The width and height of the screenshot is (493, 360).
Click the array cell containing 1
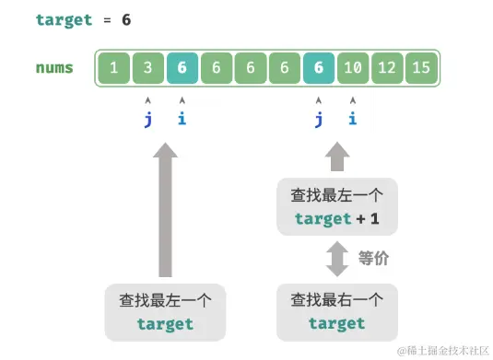point(113,68)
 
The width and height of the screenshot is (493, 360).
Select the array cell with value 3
point(147,68)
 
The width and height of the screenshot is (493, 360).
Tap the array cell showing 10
point(353,68)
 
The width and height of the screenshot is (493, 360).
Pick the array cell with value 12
point(387,68)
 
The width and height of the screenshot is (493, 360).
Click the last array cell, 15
point(421,68)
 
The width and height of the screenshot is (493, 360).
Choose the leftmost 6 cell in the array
point(182,68)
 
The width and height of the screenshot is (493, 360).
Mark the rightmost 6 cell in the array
point(319,68)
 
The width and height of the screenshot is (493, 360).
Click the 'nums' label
point(54,68)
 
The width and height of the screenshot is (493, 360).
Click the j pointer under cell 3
point(147,118)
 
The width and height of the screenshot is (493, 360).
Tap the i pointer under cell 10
point(353,118)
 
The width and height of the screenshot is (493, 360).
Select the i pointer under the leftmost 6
point(182,118)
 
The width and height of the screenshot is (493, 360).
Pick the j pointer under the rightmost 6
point(319,118)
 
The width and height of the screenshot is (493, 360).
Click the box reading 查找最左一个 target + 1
point(337,207)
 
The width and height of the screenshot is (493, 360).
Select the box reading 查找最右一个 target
point(337,311)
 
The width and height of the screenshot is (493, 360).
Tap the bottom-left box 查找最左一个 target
point(165,311)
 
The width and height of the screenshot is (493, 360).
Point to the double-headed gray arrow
point(337,259)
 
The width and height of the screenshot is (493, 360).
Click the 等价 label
point(373,259)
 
